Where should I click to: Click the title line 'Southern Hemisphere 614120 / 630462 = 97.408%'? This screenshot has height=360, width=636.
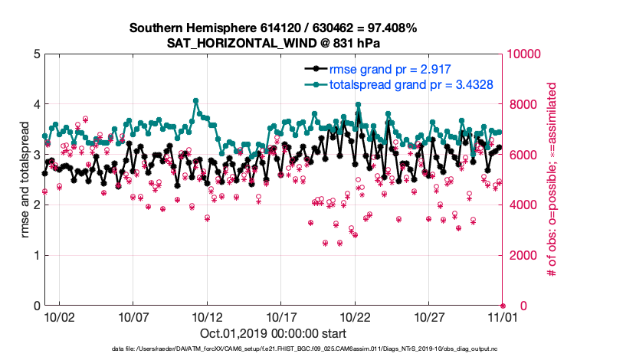tap(273, 28)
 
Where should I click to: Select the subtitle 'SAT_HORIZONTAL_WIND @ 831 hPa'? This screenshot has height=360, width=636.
tap(273, 43)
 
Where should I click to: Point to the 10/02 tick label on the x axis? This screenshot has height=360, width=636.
tap(59, 316)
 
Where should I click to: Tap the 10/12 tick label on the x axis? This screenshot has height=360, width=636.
tap(207, 316)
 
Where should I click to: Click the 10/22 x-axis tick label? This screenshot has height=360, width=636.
tap(355, 316)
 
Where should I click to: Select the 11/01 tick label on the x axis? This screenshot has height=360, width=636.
tap(503, 316)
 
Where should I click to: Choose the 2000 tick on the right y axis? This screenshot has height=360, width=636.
tap(521, 255)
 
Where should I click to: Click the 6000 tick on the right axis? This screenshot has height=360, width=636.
tap(521, 155)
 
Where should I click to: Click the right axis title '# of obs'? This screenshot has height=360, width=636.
tap(550, 180)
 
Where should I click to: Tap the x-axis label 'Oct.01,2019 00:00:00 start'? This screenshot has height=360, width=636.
tap(273, 334)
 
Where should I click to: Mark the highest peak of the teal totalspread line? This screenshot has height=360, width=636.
tap(196, 100)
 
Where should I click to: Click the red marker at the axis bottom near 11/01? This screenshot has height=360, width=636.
tap(503, 305)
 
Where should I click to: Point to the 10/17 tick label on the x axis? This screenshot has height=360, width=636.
tap(281, 316)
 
